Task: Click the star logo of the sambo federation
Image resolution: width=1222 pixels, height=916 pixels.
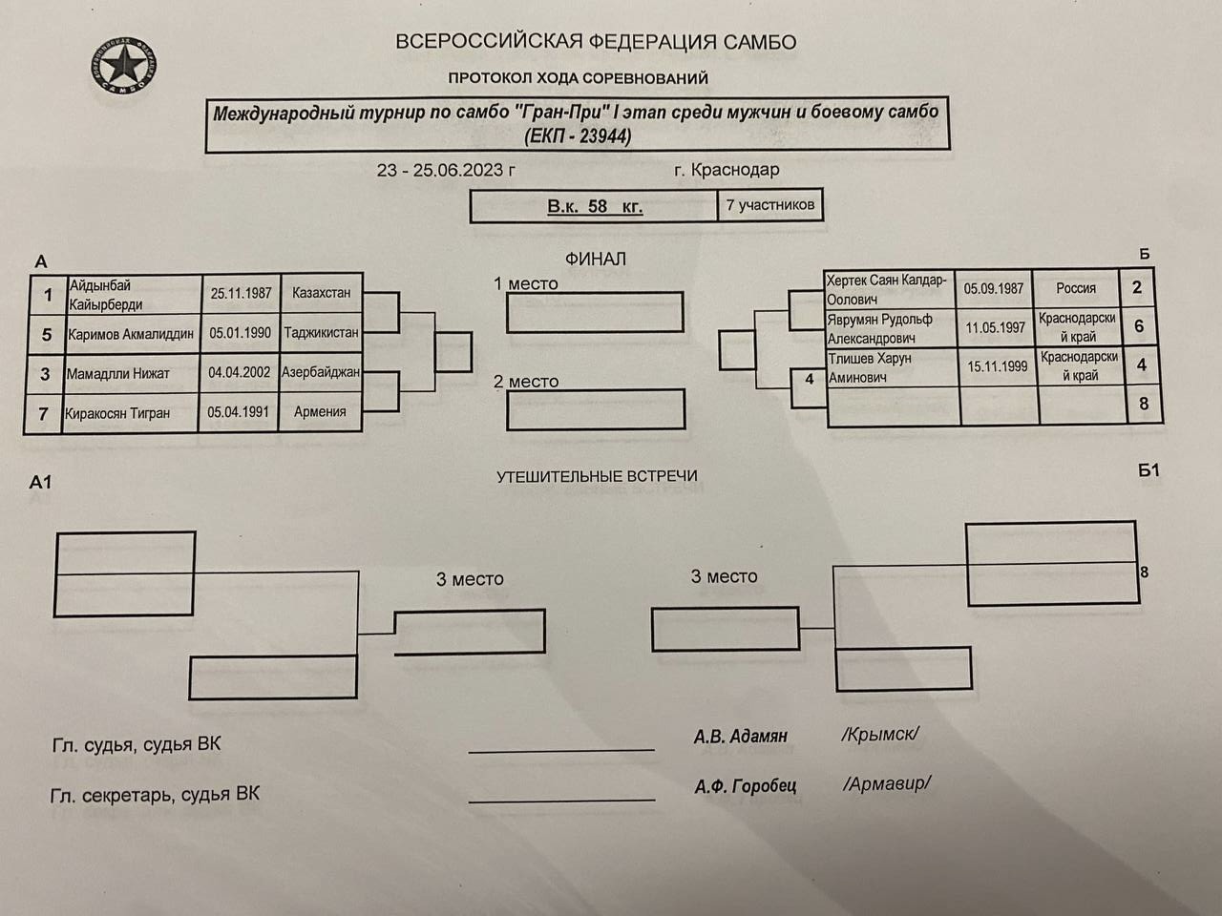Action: click(x=123, y=66)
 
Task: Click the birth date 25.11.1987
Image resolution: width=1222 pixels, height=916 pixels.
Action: click(x=241, y=293)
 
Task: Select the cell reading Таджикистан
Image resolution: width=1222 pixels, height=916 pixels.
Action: click(x=321, y=333)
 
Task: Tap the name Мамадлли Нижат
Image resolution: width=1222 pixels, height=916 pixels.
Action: click(x=118, y=373)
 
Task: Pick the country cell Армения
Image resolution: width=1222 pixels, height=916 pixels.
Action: click(x=320, y=411)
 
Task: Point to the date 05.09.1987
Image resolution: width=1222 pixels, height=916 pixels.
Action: click(x=994, y=288)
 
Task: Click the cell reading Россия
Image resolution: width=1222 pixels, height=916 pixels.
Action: click(x=1076, y=288)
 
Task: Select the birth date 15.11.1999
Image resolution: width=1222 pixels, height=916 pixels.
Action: click(x=997, y=366)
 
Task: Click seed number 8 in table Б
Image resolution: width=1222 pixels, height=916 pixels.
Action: click(x=1144, y=404)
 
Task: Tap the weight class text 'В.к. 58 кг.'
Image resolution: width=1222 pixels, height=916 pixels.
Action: click(x=595, y=206)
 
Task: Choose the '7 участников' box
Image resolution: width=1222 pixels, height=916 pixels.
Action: click(x=769, y=205)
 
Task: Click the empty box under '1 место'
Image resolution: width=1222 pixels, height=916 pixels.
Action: click(x=595, y=312)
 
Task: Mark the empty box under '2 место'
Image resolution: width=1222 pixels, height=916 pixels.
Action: click(x=596, y=409)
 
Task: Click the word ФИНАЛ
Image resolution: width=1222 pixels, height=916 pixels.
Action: click(x=595, y=259)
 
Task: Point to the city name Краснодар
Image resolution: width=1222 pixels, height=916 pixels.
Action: click(x=735, y=170)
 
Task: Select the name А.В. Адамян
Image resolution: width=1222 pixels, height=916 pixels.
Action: click(x=741, y=736)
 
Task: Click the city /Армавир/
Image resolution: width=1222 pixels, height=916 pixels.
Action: click(x=886, y=783)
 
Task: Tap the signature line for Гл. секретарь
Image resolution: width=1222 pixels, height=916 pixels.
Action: click(x=561, y=801)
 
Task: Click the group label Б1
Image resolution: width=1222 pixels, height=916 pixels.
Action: click(x=1148, y=470)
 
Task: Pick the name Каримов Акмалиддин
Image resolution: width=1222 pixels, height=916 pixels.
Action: click(x=131, y=334)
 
